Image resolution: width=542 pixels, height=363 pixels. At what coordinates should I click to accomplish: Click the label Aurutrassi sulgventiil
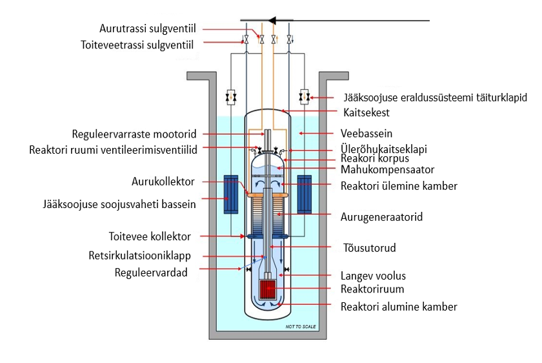147,29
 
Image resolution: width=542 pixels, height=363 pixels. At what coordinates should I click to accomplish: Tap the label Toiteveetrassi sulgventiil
137,45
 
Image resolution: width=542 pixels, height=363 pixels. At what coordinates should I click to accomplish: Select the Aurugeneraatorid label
381,217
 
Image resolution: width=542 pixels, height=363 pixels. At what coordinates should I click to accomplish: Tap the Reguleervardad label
150,273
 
